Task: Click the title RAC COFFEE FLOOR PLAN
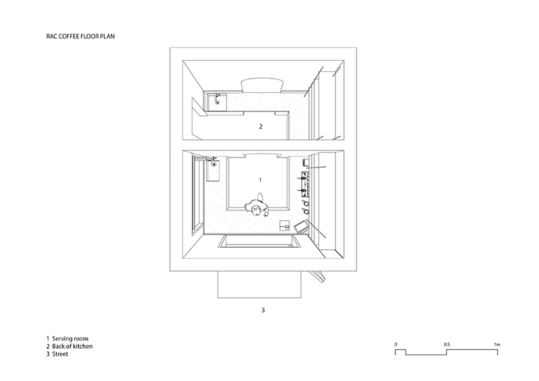(80, 36)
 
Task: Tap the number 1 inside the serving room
(260, 180)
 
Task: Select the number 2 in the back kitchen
(260, 127)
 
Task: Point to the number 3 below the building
(263, 310)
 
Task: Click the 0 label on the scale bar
(395, 344)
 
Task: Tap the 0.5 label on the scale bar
(447, 344)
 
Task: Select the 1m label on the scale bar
(497, 344)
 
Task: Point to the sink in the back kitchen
(217, 102)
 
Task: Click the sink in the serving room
(213, 169)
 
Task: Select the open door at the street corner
(318, 276)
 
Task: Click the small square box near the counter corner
(285, 225)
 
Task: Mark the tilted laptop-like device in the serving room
(302, 227)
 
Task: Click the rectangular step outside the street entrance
(260, 284)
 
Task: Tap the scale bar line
(447, 352)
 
